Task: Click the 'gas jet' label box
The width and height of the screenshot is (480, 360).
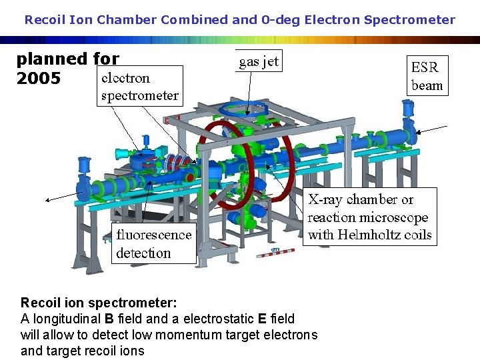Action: [x=259, y=61]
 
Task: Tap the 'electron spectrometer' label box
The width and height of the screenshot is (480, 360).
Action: [x=139, y=86]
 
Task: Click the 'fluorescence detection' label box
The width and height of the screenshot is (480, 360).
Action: [x=153, y=243]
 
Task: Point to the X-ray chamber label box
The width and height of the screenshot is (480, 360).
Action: [x=369, y=217]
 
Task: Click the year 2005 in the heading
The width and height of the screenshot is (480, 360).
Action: [x=39, y=79]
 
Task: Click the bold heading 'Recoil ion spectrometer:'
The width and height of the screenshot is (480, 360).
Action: [x=99, y=303]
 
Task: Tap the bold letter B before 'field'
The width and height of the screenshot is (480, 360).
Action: [x=109, y=319]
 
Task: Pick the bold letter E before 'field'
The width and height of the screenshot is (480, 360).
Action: [x=261, y=319]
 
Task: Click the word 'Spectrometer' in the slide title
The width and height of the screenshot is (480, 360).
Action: [x=413, y=19]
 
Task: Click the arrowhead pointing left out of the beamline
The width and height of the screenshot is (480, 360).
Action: [x=47, y=199]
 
